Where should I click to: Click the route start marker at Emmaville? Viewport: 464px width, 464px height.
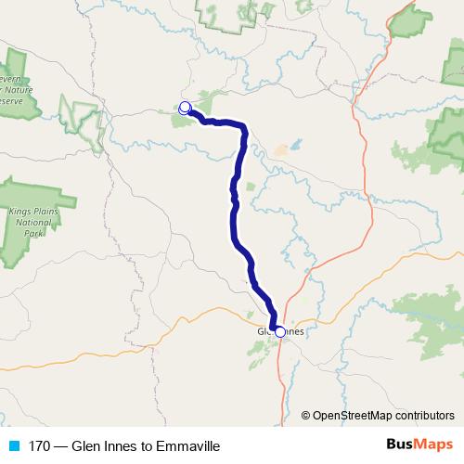(185, 108)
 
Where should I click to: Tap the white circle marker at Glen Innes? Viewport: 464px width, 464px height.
(280, 331)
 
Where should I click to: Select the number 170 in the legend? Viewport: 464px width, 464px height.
(41, 445)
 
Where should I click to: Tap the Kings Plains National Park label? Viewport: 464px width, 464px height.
(33, 223)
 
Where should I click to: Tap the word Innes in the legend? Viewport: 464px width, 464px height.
(120, 445)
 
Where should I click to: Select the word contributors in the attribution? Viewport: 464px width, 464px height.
(423, 415)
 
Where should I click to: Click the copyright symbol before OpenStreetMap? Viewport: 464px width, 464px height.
(306, 415)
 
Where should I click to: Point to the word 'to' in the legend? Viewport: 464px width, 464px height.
(147, 445)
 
